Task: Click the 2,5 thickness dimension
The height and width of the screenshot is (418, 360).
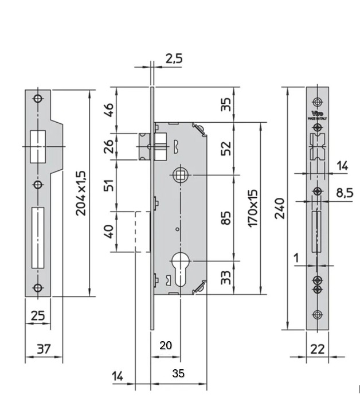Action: (174, 58)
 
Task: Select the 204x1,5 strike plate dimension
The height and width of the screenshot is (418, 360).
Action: (80, 193)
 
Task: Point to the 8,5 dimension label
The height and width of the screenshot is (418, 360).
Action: (344, 193)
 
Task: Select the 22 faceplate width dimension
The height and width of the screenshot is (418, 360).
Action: (318, 349)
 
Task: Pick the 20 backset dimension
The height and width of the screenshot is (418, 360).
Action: (165, 345)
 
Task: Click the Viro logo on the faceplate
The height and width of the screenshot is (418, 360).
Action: (317, 114)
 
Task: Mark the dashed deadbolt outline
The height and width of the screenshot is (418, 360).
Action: (138, 231)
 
